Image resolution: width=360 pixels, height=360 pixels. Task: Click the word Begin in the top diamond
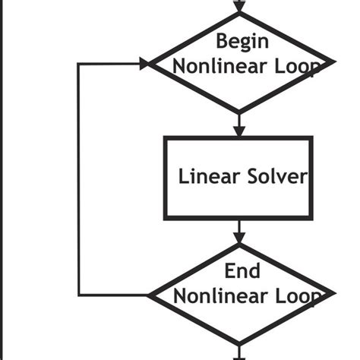pos(242,40)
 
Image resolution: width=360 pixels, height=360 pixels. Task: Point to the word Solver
pos(277,177)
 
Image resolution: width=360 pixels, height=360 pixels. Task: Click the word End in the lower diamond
pos(242,270)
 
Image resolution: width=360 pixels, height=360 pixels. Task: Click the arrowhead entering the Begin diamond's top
pos(240,6)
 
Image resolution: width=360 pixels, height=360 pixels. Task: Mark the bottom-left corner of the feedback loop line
pos(80,294)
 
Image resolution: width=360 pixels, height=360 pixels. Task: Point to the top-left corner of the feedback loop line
pos(80,63)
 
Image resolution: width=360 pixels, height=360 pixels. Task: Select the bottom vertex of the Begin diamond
pos(240,112)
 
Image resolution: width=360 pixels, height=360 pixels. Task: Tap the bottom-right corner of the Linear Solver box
pos(311,218)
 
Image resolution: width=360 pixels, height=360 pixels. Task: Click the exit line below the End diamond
pos(240,352)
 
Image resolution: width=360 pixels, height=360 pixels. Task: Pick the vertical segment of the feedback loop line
pos(80,178)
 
